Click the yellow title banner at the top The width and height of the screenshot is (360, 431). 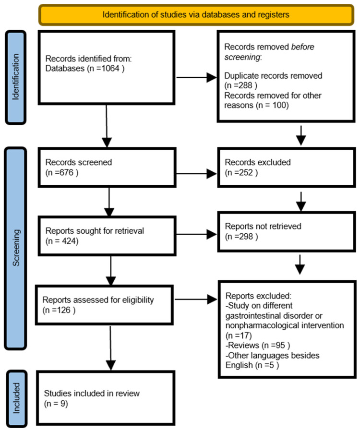point(196,14)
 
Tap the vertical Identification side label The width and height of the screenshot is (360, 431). point(16,77)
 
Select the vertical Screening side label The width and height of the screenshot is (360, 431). point(16,248)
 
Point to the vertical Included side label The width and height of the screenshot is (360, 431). point(16,398)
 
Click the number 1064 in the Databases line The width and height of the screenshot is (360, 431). point(110,68)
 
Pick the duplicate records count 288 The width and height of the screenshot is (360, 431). point(245,85)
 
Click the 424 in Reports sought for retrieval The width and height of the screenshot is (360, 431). point(68,241)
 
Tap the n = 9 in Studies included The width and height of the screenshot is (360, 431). point(56,404)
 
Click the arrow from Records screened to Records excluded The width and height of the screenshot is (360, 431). point(196,174)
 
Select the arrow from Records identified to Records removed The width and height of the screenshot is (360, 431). point(196,78)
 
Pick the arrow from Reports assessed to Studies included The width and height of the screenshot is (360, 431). point(110,348)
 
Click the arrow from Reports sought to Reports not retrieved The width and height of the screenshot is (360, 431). point(196,235)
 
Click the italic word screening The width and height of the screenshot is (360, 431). point(242,57)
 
